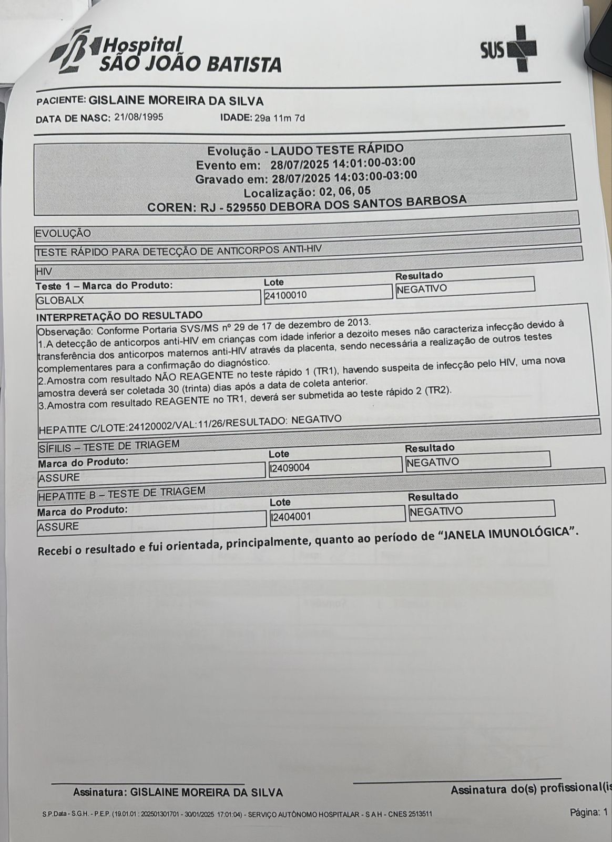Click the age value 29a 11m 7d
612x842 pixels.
[279, 118]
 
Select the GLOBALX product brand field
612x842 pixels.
[60, 301]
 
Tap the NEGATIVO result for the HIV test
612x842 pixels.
[422, 289]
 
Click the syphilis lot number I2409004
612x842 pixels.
[290, 468]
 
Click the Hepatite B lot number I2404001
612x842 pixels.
[291, 517]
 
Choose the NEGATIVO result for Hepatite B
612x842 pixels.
[436, 511]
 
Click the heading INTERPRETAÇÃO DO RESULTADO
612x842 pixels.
[119, 316]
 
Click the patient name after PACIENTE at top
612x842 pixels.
[177, 101]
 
